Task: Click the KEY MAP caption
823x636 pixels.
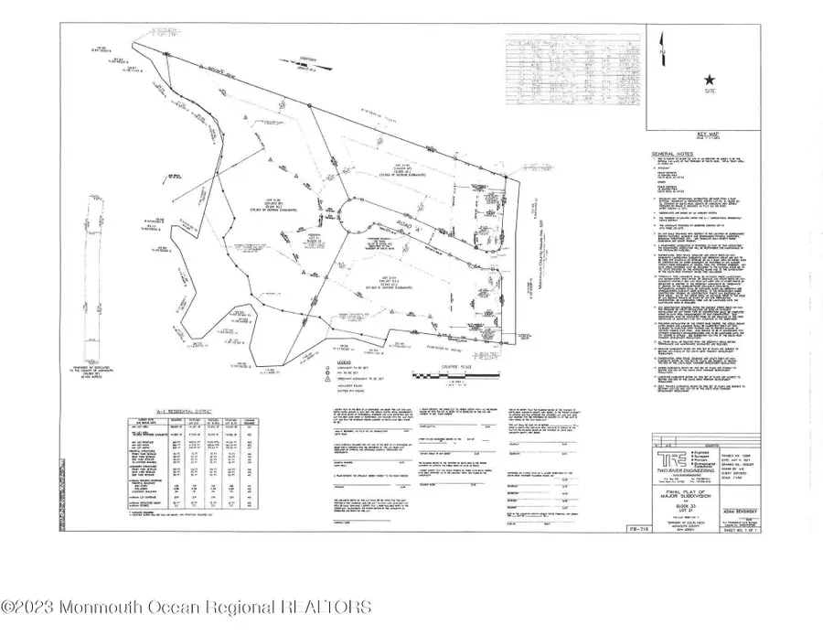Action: (706, 133)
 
